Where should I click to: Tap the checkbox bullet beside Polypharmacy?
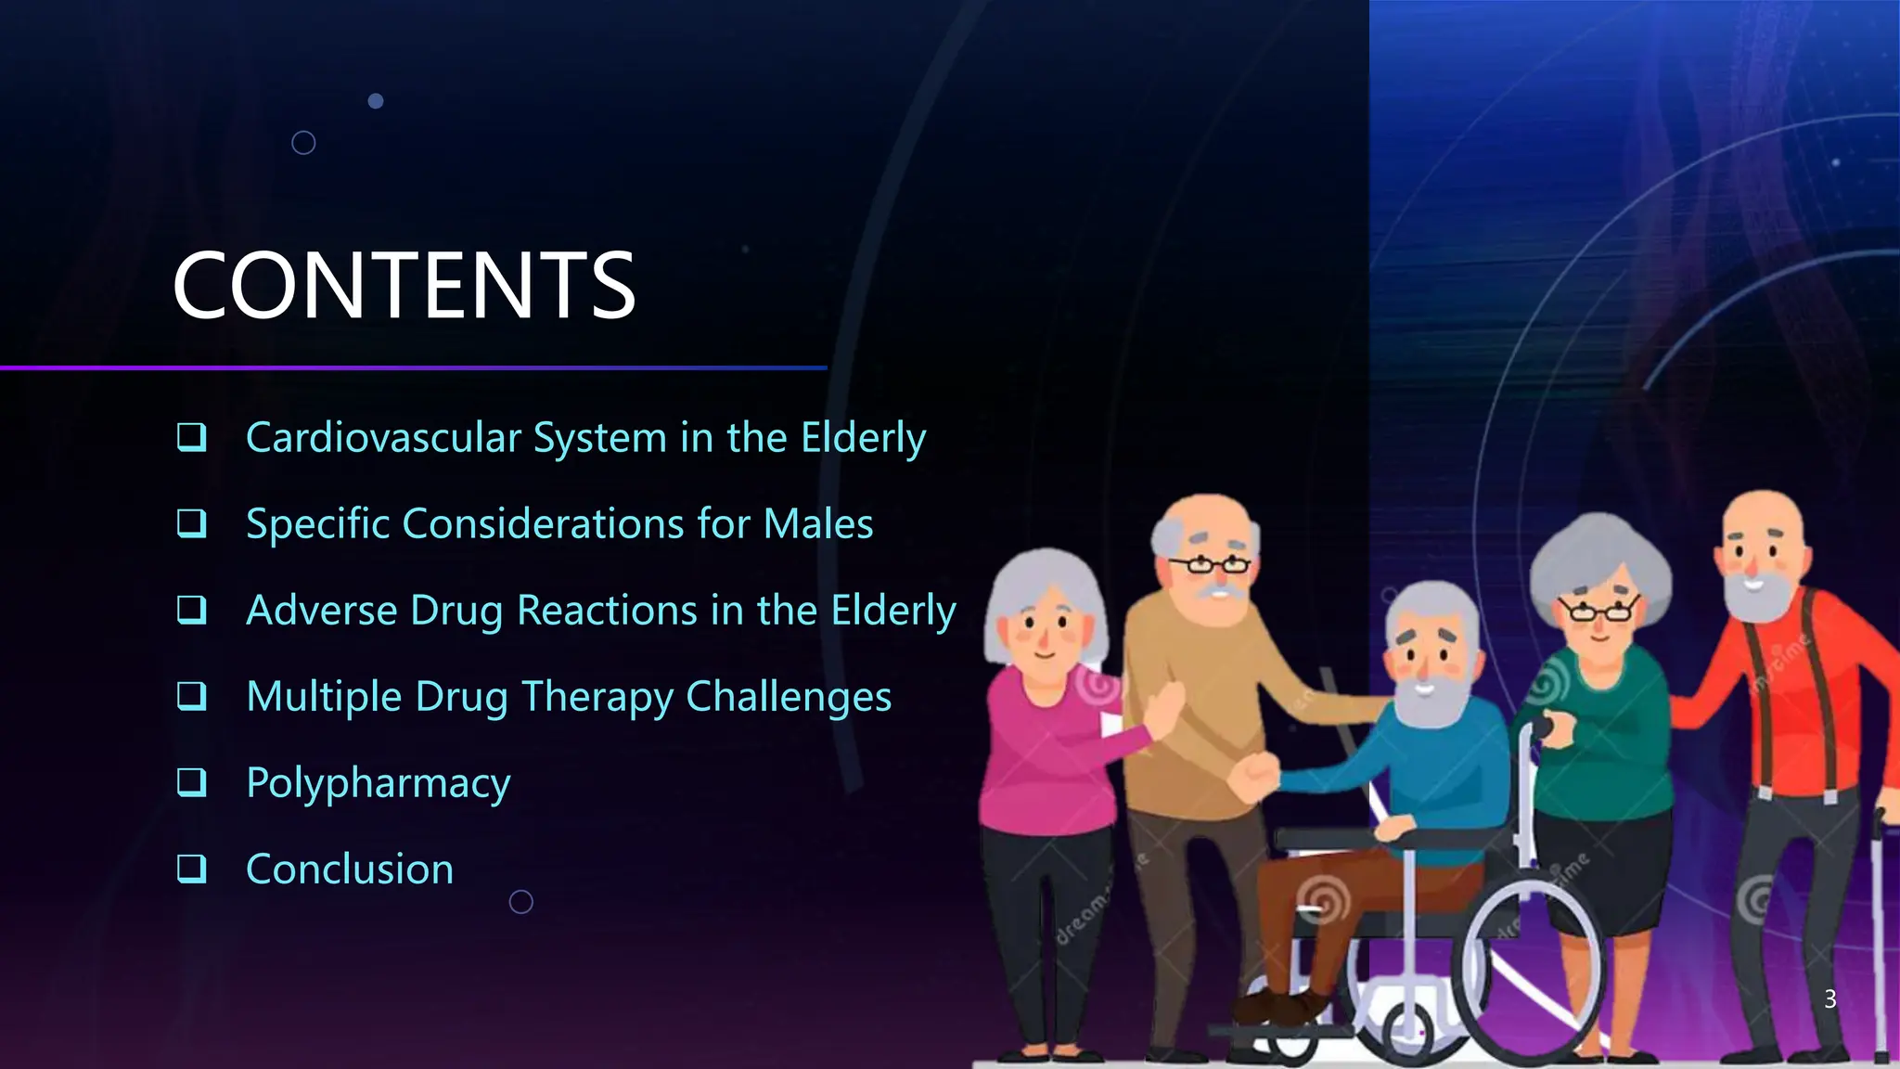[x=191, y=782]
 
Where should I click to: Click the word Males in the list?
[x=817, y=523]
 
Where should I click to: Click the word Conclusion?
[x=350, y=869]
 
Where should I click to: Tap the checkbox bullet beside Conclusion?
[x=191, y=869]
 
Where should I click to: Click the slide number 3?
[x=1829, y=998]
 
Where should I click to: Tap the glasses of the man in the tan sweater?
[x=1210, y=563]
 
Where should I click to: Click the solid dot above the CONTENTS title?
[x=376, y=100]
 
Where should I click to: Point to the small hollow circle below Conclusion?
[x=521, y=901]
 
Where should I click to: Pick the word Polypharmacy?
[x=378, y=782]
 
